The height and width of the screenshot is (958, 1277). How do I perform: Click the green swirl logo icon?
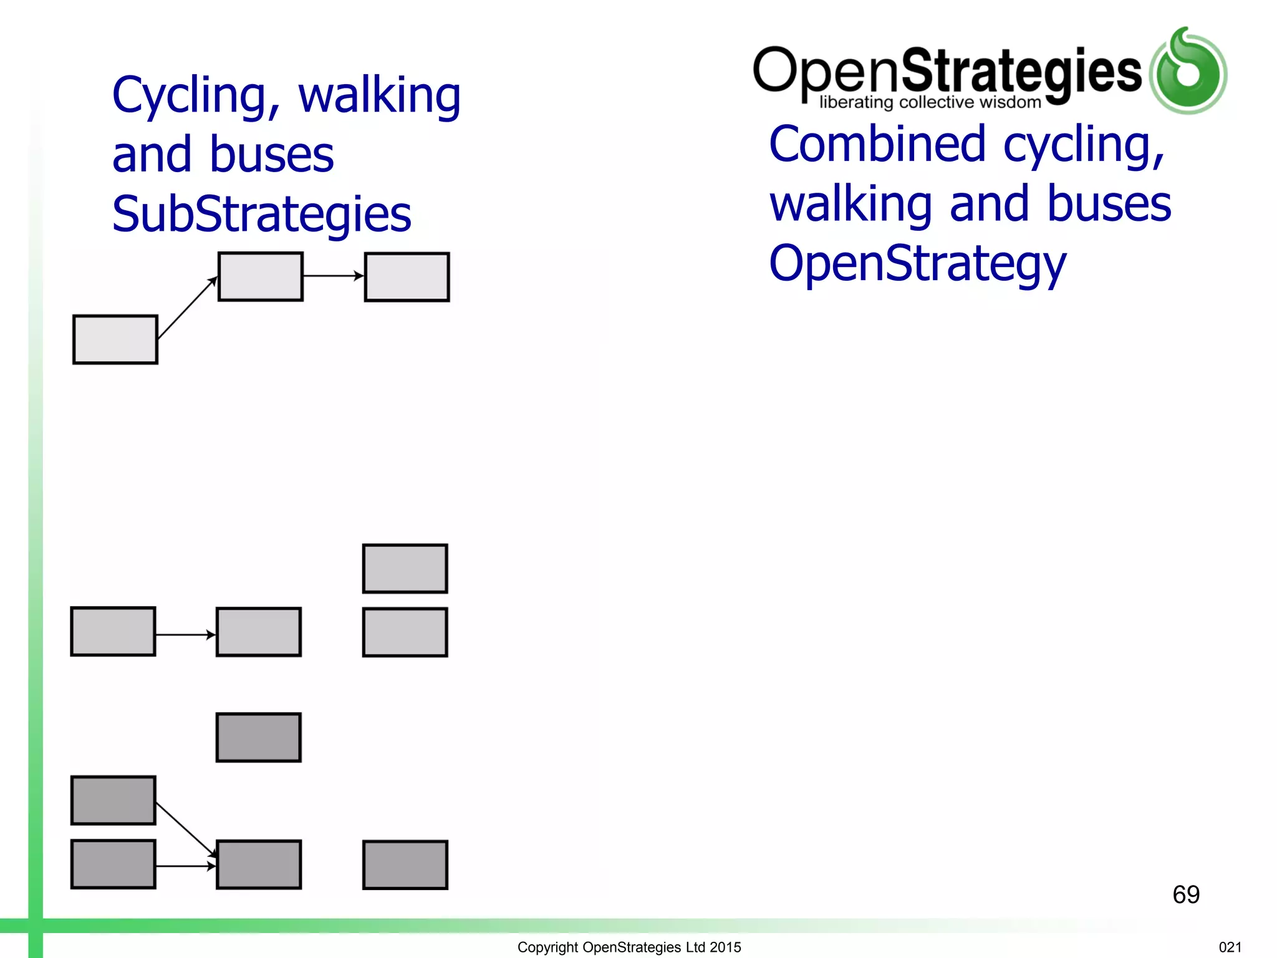click(1188, 72)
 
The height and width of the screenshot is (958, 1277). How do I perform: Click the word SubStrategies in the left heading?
click(261, 214)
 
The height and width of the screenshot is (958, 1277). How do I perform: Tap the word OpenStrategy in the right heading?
click(917, 264)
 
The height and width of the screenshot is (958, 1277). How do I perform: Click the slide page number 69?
click(1185, 894)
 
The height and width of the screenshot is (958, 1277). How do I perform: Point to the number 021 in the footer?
click(1230, 947)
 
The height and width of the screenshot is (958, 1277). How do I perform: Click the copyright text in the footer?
click(629, 947)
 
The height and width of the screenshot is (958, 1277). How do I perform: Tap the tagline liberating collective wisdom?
click(930, 102)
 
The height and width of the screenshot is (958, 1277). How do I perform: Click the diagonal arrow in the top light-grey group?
click(187, 308)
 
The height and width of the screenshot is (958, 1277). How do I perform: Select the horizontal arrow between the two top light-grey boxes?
click(333, 276)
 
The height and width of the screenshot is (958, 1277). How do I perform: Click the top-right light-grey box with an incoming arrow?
click(407, 277)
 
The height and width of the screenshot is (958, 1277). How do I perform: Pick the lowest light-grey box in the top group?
click(115, 339)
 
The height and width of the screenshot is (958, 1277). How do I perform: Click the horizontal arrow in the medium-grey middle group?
click(185, 634)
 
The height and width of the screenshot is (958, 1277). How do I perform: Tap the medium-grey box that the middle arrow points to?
click(259, 632)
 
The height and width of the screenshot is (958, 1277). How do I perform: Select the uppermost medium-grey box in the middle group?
click(405, 568)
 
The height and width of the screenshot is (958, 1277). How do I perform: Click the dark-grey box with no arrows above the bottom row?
click(259, 737)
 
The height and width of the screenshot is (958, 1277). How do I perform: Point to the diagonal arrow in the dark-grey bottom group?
click(186, 830)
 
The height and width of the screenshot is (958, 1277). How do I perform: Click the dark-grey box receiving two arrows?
click(259, 864)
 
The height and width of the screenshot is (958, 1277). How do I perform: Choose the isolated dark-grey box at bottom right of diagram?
click(405, 864)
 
